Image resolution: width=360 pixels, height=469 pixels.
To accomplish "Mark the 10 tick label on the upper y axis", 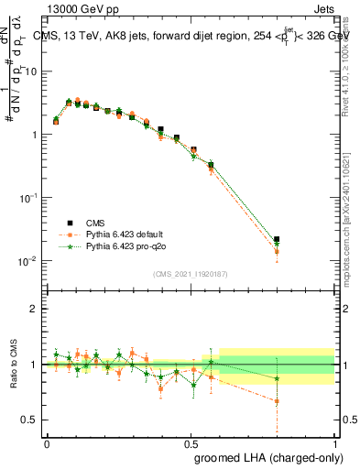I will pyautogui.click(x=30, y=71).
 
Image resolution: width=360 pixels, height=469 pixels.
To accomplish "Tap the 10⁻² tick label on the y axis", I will pyautogui.click(x=27, y=261).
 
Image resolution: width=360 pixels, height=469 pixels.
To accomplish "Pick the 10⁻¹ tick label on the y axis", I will pyautogui.click(x=27, y=198).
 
